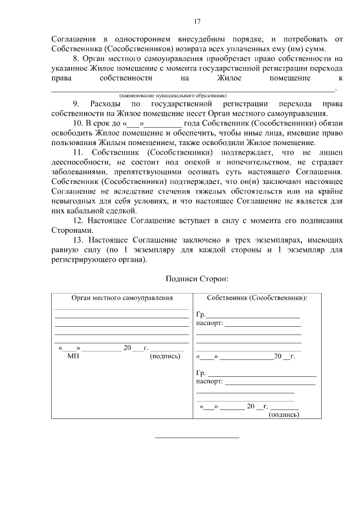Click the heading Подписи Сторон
point(197,278)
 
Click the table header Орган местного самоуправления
point(121,298)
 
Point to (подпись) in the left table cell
point(165,355)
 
